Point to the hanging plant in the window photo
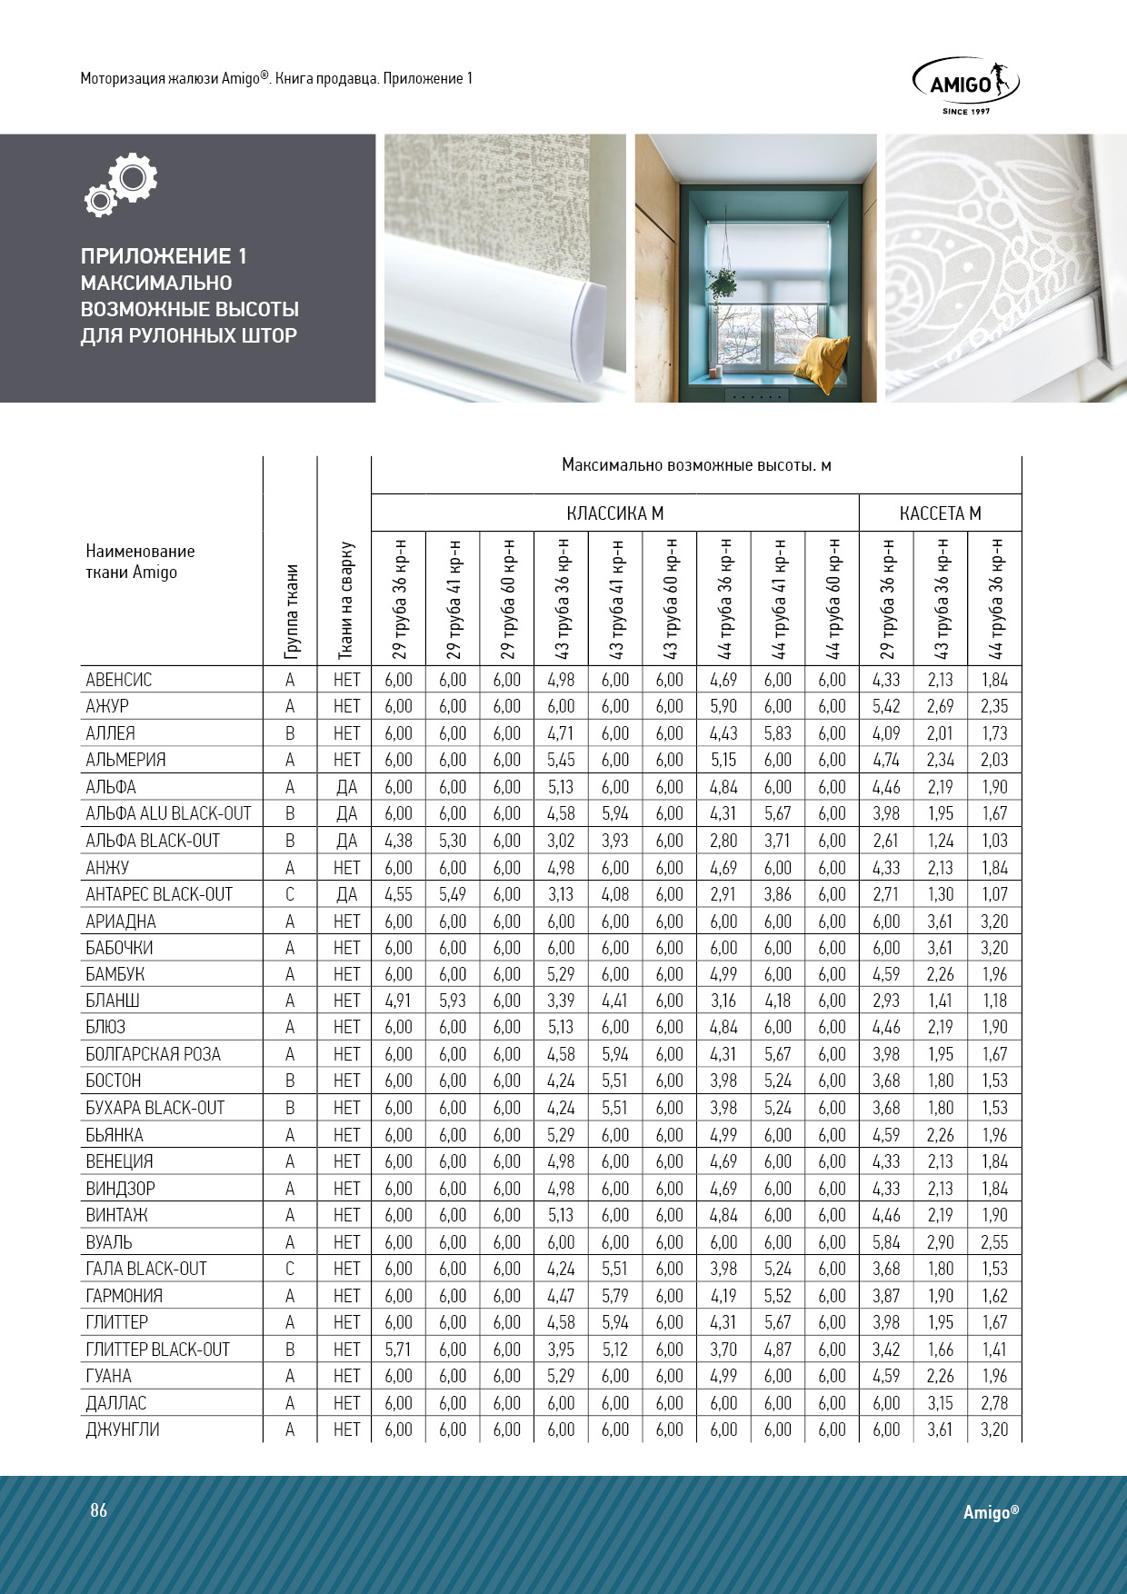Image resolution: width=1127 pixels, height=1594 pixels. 723,282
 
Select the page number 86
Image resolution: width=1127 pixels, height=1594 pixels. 98,1510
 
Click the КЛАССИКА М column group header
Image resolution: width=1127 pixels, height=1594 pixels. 614,513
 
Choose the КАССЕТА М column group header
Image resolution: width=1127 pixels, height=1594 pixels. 940,513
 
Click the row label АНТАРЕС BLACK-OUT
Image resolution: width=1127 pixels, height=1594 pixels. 159,894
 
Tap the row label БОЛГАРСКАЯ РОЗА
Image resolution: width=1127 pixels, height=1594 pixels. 153,1054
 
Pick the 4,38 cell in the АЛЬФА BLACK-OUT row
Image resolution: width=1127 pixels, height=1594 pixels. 398,841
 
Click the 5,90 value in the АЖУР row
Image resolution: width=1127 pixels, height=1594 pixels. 723,706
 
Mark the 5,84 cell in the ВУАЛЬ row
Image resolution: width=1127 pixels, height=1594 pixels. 886,1242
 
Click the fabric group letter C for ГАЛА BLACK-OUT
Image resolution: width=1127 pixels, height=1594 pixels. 290,1269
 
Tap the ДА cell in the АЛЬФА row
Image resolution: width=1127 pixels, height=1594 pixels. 346,787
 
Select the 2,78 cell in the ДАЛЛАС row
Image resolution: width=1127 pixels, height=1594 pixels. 994,1403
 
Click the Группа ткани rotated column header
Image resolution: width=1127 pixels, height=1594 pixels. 291,611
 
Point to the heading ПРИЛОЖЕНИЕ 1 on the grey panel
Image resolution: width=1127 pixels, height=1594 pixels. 164,256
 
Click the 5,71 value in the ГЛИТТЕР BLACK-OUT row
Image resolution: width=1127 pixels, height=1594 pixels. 398,1350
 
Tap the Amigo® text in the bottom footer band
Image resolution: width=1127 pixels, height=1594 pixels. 991,1512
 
